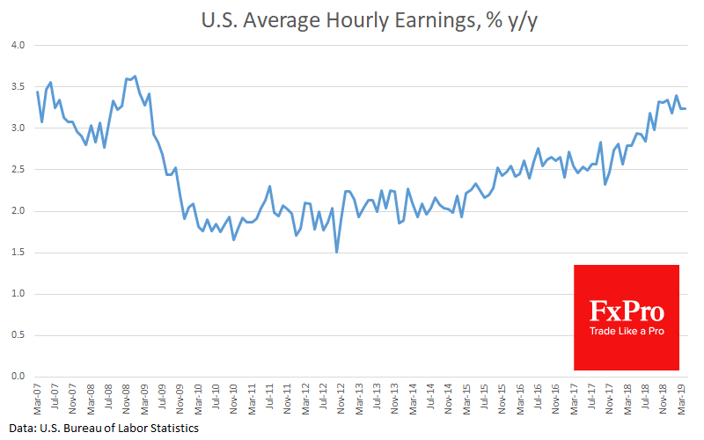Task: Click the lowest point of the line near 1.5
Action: (x=337, y=252)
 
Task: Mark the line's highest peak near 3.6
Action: (x=134, y=77)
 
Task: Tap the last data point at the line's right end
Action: (x=686, y=108)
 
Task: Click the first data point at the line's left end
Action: (x=37, y=92)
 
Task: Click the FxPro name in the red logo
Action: (x=627, y=311)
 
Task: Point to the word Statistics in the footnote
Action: (x=171, y=429)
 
